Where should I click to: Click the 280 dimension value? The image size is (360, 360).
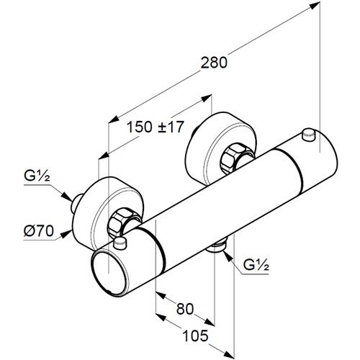pyautogui.click(x=214, y=63)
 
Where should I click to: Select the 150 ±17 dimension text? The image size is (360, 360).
pyautogui.click(x=155, y=127)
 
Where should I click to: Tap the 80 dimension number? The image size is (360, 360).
pyautogui.click(x=185, y=309)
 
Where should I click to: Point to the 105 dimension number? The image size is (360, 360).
pyautogui.click(x=195, y=336)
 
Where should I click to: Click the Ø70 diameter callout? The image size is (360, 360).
pyautogui.click(x=39, y=231)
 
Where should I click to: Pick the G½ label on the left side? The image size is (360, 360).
pyautogui.click(x=37, y=177)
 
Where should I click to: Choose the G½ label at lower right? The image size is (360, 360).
pyautogui.click(x=256, y=265)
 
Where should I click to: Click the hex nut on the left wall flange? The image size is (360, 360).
pyautogui.click(x=119, y=221)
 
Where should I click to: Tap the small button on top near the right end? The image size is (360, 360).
pyautogui.click(x=309, y=135)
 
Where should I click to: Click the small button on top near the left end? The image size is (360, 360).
pyautogui.click(x=120, y=243)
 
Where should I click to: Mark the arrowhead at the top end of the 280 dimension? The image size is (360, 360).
pyautogui.click(x=315, y=6)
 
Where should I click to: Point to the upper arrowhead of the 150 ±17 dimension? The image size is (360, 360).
pyautogui.click(x=207, y=98)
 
